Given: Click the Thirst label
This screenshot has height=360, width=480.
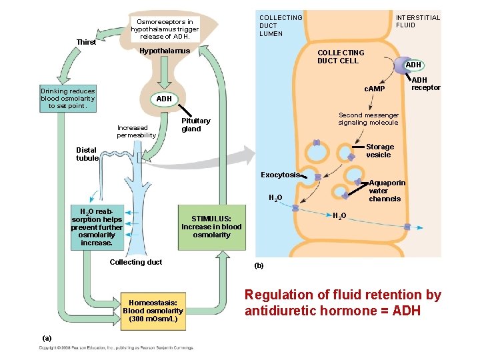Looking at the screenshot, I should [x=86, y=42].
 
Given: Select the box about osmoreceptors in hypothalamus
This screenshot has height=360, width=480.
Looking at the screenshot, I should [x=165, y=29].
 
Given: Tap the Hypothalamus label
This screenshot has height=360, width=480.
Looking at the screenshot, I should [x=164, y=51].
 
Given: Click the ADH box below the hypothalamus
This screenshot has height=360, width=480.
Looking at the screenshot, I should [x=164, y=99].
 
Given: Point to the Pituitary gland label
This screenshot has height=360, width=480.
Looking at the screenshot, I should [x=196, y=125].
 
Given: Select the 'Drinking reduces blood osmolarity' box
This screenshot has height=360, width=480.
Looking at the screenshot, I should [x=68, y=98].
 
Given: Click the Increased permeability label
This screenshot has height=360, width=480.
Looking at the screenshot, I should [x=136, y=131].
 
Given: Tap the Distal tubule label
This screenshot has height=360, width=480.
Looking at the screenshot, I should [x=87, y=154].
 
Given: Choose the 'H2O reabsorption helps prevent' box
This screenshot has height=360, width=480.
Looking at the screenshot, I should [x=97, y=227].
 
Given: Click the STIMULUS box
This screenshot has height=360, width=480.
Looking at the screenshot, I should [x=211, y=227].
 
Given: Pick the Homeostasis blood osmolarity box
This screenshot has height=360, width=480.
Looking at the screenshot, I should [x=153, y=311].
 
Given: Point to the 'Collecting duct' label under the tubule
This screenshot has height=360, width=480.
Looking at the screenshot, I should [x=135, y=262].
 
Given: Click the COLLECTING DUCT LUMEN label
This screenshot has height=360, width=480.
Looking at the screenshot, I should [x=280, y=25].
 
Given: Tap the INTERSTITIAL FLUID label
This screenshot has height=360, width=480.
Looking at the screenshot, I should [x=418, y=21].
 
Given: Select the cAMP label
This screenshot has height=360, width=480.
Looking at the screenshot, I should [x=374, y=89].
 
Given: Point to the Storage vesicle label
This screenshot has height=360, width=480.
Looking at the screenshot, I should [x=380, y=151].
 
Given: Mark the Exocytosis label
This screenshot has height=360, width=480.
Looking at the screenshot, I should [x=280, y=175].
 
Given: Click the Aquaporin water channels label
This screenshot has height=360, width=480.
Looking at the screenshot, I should [x=386, y=191].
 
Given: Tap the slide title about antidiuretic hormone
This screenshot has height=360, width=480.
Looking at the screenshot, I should [x=343, y=303].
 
